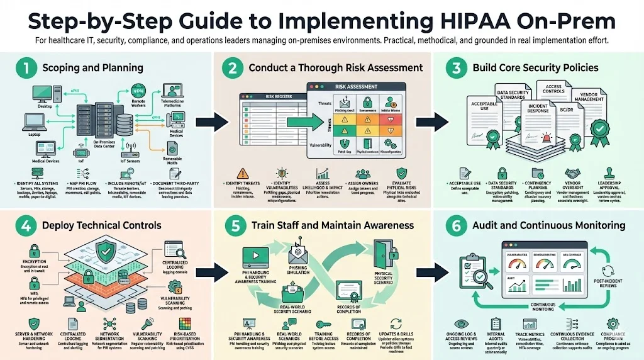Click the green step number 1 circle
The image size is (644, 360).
tap(24, 67)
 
